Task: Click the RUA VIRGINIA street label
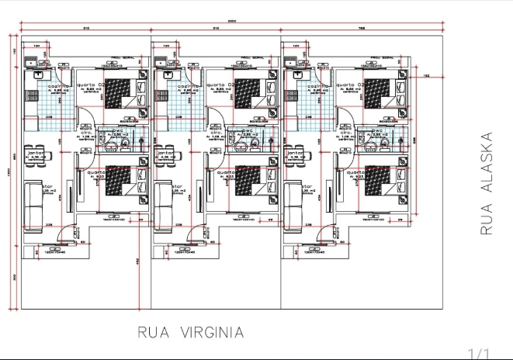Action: [x=190, y=333]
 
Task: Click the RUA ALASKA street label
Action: [x=487, y=184]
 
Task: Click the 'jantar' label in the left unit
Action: [x=35, y=154]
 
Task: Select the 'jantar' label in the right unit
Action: [x=296, y=154]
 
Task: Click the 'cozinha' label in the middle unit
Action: [x=185, y=85]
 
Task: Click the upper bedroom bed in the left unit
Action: [x=120, y=95]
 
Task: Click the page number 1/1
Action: [x=480, y=353]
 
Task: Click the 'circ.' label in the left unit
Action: [x=87, y=133]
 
